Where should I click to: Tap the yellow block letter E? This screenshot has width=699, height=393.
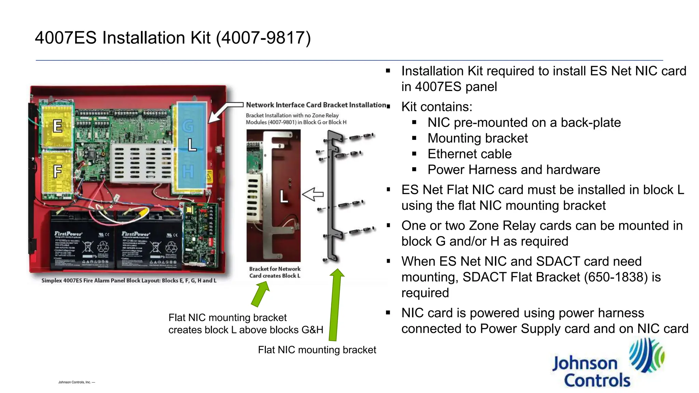57,126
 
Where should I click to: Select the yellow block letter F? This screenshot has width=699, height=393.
57,171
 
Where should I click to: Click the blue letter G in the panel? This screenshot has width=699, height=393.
188,127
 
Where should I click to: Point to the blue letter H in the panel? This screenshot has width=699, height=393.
188,172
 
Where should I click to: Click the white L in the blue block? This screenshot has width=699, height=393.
192,145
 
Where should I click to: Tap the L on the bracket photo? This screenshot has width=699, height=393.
284,196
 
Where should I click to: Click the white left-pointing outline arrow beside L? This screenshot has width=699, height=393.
313,194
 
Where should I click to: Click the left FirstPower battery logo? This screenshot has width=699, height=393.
68,234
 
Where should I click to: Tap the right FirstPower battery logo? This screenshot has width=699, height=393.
135,234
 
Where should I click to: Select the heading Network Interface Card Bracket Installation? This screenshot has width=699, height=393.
316,105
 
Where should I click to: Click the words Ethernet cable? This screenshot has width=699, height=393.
469,154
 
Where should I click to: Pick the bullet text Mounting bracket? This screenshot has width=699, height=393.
477,138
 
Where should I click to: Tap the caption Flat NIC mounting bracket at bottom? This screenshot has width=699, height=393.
317,350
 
